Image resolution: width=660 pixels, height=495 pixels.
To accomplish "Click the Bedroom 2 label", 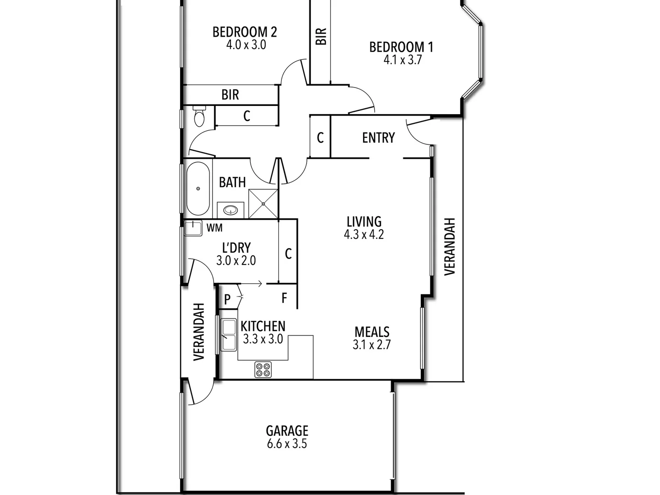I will [x=245, y=32].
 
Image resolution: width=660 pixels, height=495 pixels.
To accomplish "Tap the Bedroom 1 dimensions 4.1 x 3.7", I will [x=402, y=60].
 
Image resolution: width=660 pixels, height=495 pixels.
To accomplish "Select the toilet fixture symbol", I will [x=199, y=116].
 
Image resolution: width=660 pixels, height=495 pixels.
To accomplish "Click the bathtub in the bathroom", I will [x=198, y=188].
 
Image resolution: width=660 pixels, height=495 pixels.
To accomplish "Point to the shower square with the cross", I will [x=263, y=203].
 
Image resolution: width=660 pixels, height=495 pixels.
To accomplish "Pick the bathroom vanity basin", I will [x=231, y=210].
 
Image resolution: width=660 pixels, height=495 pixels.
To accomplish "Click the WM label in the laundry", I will [x=214, y=227].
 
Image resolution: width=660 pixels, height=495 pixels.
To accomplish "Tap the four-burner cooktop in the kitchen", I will [x=263, y=369].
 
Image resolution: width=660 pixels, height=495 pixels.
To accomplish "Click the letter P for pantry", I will [x=227, y=300].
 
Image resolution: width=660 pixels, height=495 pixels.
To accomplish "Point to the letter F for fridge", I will [x=284, y=298].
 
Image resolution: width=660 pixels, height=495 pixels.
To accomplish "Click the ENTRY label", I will [x=378, y=137].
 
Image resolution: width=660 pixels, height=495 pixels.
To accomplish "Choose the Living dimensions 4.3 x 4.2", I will [x=364, y=235].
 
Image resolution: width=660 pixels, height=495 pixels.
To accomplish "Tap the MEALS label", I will [x=372, y=332].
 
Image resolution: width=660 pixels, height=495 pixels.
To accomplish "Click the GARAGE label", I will [x=287, y=431].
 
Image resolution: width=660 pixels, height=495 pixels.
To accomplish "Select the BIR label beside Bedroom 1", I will [x=321, y=36].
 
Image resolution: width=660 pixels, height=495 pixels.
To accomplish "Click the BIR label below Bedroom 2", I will [x=230, y=94].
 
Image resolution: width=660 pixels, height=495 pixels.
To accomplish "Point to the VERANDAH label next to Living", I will [x=450, y=246].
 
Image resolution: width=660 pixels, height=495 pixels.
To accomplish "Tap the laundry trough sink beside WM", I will [x=193, y=228].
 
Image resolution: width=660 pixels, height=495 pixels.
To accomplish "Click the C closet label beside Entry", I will [x=320, y=137].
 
